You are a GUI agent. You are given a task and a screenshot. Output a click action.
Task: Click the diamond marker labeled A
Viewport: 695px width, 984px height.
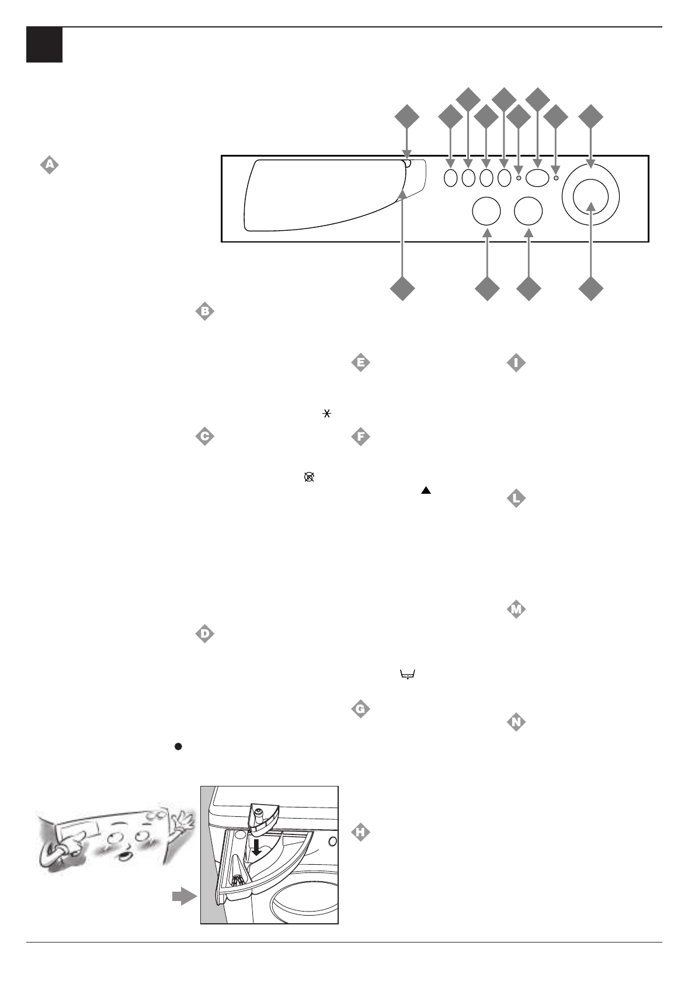click(50, 165)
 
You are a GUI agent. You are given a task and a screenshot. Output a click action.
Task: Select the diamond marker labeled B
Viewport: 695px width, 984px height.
click(205, 311)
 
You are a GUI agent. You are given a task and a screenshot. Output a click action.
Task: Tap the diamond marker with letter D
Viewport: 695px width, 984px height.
click(205, 633)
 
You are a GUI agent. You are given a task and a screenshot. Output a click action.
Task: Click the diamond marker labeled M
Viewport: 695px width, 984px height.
click(516, 610)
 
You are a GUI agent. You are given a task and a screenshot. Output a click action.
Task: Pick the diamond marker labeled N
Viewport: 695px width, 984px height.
click(516, 723)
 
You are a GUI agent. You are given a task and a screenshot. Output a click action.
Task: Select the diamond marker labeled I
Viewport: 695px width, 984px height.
click(516, 363)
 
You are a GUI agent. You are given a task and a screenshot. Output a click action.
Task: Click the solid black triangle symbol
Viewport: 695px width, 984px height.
click(426, 491)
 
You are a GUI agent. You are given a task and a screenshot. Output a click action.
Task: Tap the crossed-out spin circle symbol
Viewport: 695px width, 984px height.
click(309, 477)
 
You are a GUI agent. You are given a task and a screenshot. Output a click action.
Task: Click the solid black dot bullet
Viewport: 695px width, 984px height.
click(179, 746)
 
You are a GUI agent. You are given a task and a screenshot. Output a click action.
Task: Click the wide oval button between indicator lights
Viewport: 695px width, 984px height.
click(537, 178)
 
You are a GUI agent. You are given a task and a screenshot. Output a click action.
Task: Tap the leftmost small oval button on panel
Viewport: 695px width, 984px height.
click(450, 178)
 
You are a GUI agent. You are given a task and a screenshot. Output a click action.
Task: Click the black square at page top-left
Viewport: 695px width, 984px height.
click(44, 45)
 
